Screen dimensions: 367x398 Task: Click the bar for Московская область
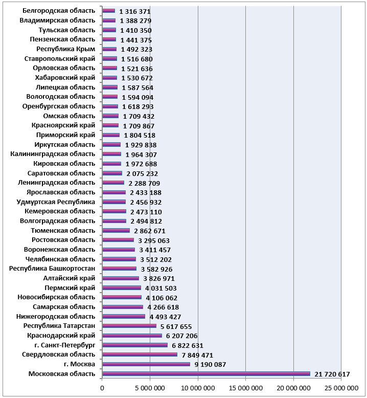tap(206, 373)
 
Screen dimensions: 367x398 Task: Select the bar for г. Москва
tap(146, 364)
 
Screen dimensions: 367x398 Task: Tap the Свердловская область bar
tap(140, 355)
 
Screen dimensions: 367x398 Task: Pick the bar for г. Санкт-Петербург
tap(135, 345)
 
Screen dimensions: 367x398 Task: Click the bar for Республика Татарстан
tap(129, 326)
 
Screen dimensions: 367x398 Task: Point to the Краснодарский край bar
tap(132, 336)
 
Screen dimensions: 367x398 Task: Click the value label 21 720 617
tap(332, 374)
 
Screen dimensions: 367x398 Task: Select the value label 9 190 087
tap(210, 365)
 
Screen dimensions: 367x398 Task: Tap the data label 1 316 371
tap(134, 11)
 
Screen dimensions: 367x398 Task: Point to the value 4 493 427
tap(165, 317)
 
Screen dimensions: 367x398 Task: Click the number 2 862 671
tap(150, 231)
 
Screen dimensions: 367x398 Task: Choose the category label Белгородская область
tap(59, 11)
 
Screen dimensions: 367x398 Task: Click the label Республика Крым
tap(66, 49)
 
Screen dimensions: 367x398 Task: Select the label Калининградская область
tap(53, 154)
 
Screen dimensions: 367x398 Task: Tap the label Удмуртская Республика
tap(56, 202)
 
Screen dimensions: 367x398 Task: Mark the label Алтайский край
tap(69, 278)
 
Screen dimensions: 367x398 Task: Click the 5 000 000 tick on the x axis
tap(150, 388)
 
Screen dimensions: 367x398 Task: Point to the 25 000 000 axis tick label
tap(341, 388)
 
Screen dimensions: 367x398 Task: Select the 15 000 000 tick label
tap(246, 388)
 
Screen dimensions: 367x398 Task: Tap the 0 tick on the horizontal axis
tap(102, 388)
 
